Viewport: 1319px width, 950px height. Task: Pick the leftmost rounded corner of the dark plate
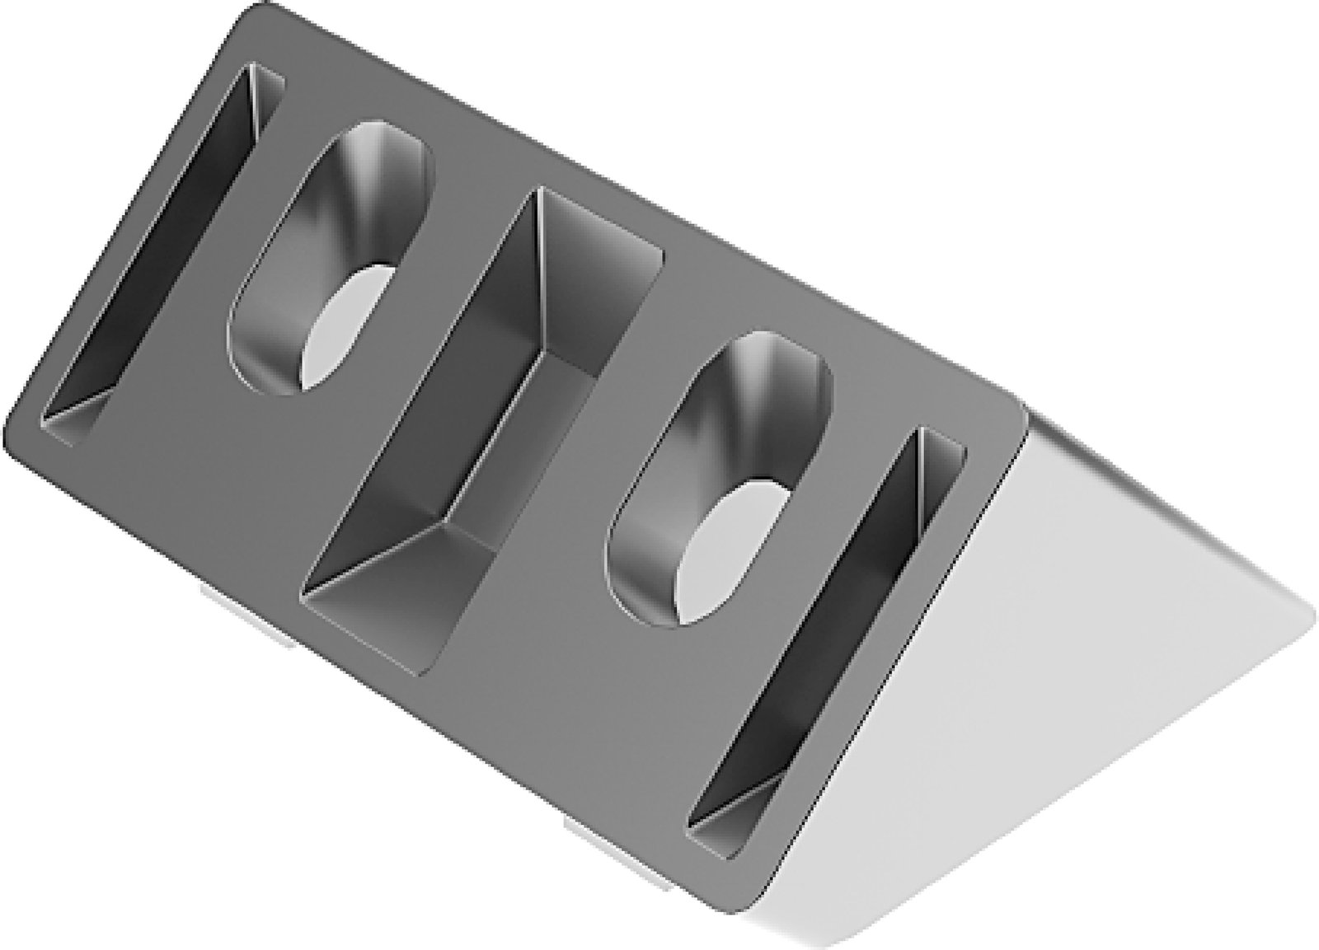12,428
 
